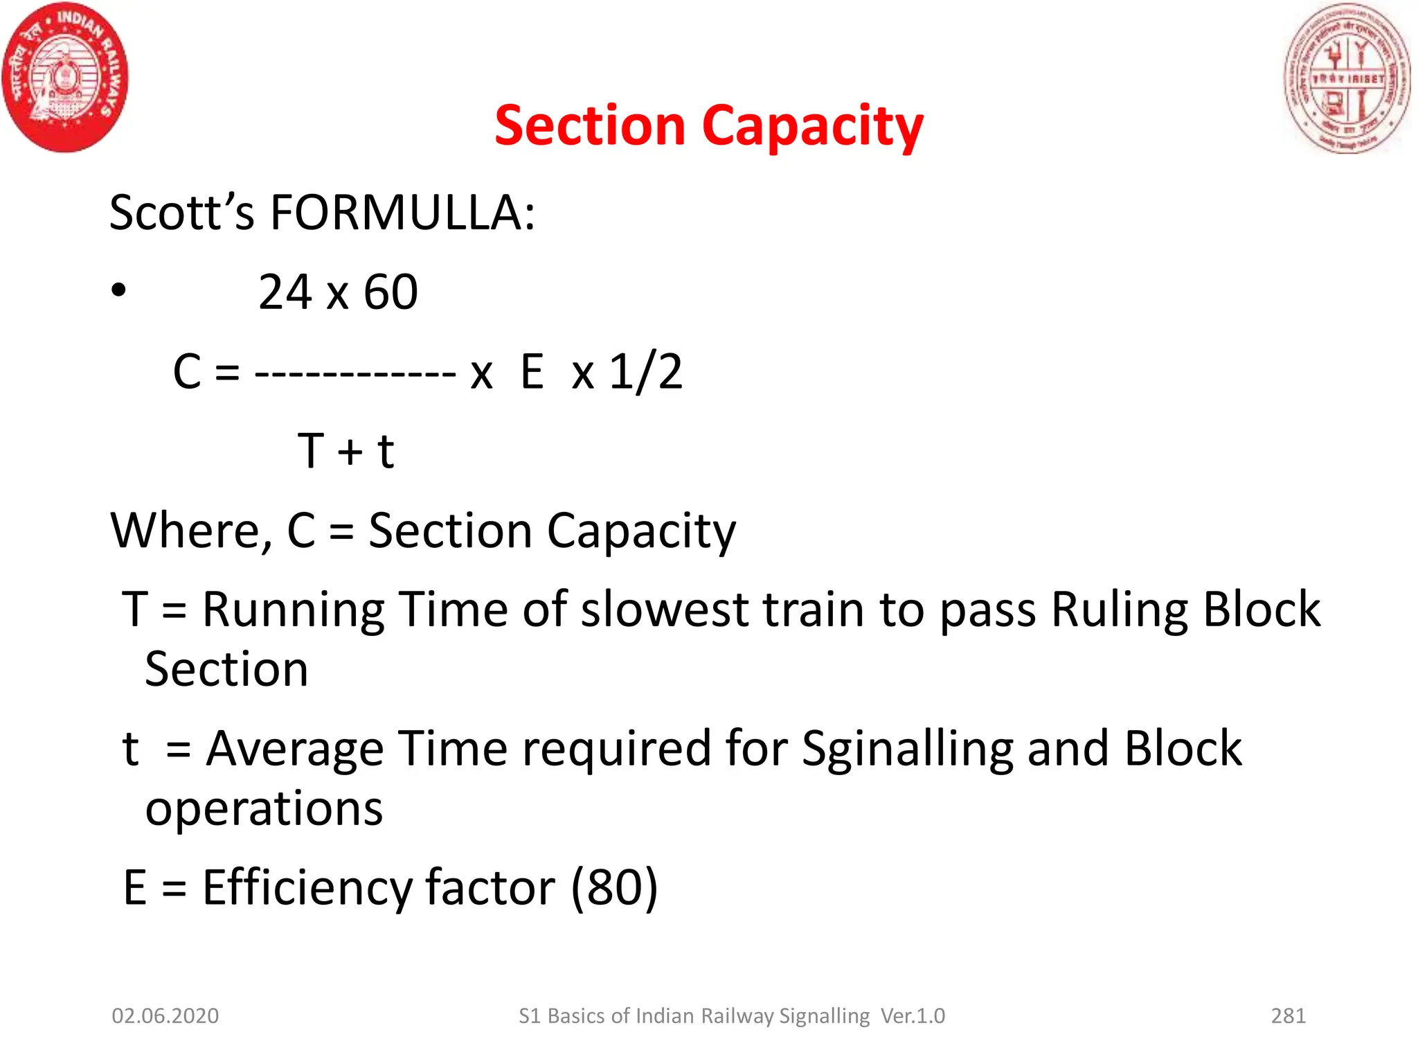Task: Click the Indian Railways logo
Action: pyautogui.click(x=65, y=78)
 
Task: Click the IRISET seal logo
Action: pyautogui.click(x=1347, y=78)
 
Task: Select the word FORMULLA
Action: pyautogui.click(x=402, y=213)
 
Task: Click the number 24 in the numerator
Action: pyautogui.click(x=285, y=292)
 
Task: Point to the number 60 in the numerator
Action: pyautogui.click(x=391, y=292)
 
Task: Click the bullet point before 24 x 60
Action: pyautogui.click(x=119, y=291)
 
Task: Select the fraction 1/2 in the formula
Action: pyautogui.click(x=645, y=372)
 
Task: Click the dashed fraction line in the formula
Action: pyautogui.click(x=355, y=375)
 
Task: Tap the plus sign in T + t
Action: pyautogui.click(x=350, y=452)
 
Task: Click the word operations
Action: pyautogui.click(x=264, y=808)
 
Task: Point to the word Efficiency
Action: pyautogui.click(x=309, y=888)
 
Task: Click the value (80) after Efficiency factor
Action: pyautogui.click(x=614, y=888)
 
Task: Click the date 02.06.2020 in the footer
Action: pyautogui.click(x=165, y=1016)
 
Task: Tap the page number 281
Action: pyautogui.click(x=1289, y=1016)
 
